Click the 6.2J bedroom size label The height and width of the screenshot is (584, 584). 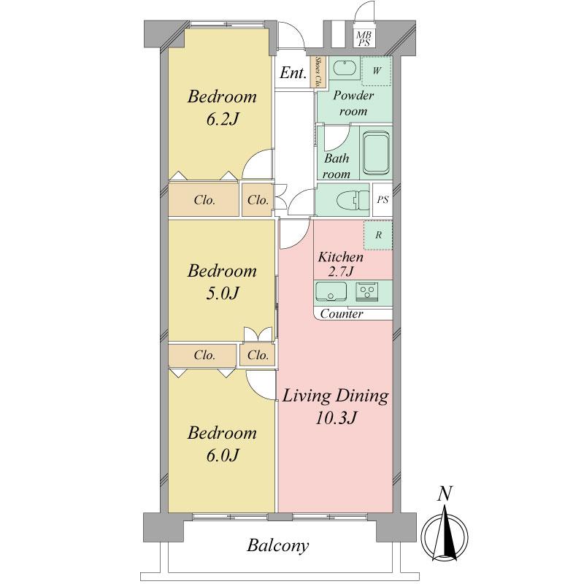(x=222, y=120)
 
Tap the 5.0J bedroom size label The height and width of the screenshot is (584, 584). (x=222, y=293)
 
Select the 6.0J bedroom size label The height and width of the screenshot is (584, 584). (x=222, y=455)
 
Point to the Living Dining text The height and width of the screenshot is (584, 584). (x=335, y=396)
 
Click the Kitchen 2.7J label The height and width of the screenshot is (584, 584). (x=340, y=264)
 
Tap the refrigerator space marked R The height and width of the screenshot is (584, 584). (x=378, y=235)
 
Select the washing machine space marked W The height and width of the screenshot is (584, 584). (x=377, y=71)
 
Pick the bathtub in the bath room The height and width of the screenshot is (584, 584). (x=376, y=153)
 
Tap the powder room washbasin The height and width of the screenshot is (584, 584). (x=345, y=68)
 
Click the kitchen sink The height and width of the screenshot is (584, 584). (x=331, y=291)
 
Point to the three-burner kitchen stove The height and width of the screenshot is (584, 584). (x=367, y=291)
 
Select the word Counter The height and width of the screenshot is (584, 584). (x=342, y=314)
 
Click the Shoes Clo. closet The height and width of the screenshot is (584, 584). (x=318, y=72)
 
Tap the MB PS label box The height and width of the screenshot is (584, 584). (x=364, y=39)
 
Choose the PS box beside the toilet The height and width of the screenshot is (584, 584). (x=383, y=199)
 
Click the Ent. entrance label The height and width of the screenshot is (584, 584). (x=293, y=72)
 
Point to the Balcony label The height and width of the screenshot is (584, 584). (x=278, y=546)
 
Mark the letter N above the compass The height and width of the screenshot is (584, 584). (x=445, y=494)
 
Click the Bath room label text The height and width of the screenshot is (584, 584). (x=337, y=166)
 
